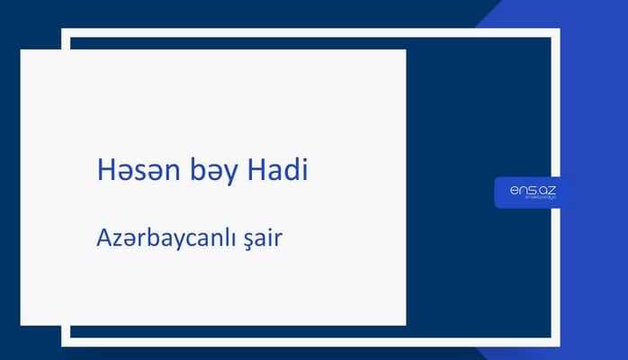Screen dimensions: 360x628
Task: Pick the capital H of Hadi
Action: pos(256,170)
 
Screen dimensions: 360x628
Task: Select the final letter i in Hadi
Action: pos(303,170)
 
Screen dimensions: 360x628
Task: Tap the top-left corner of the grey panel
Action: pos(22,50)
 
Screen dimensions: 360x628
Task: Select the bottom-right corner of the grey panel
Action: pos(405,324)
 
